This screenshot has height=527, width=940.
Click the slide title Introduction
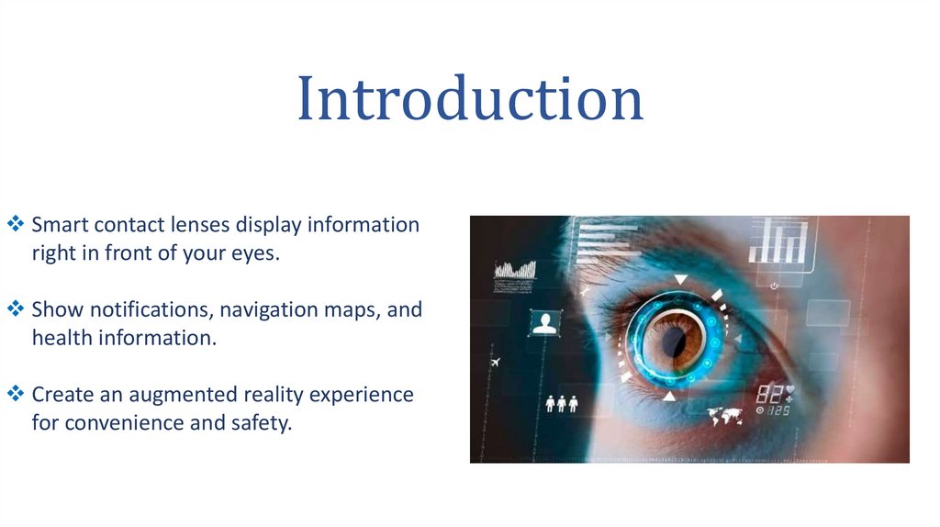[469, 99]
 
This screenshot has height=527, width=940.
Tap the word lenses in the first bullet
[201, 225]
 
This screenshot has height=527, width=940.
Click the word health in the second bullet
[61, 338]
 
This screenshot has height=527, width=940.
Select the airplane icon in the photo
[498, 363]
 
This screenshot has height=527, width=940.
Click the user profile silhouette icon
[545, 323]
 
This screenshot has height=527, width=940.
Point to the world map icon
[725, 418]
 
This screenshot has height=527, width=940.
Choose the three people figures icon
[561, 402]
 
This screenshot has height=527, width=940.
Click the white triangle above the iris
[680, 278]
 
